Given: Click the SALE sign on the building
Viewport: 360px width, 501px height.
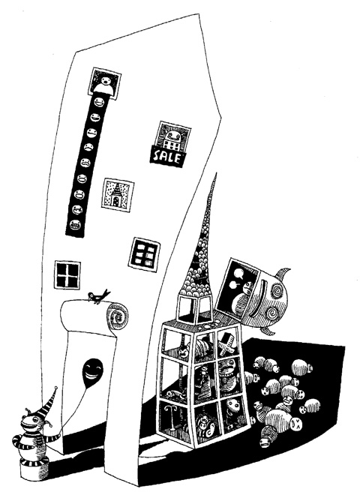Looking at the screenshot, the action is pyautogui.click(x=167, y=156).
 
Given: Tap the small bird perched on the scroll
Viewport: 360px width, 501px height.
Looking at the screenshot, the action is pyautogui.click(x=98, y=296).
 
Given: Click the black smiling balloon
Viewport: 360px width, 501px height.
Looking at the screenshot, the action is pyautogui.click(x=92, y=373).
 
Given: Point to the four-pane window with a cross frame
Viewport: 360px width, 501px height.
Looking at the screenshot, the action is pyautogui.click(x=67, y=275).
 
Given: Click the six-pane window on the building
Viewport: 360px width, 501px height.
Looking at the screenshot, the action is pyautogui.click(x=144, y=255).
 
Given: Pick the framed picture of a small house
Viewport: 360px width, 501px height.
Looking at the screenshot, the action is pyautogui.click(x=117, y=194).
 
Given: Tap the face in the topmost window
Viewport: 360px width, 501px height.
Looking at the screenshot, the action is pyautogui.click(x=103, y=81).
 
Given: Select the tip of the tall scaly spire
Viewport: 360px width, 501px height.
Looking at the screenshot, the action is pyautogui.click(x=216, y=173).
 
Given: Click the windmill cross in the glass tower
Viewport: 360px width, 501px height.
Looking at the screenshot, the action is pyautogui.click(x=227, y=344).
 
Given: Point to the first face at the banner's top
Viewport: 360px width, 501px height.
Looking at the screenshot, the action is pyautogui.click(x=99, y=103).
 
